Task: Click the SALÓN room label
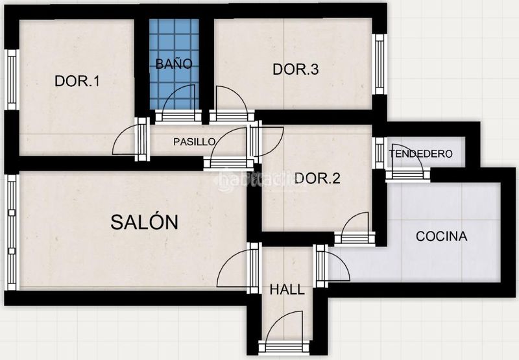[144, 222]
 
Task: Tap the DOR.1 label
[77, 81]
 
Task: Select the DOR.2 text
[317, 178]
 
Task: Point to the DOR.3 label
[296, 69]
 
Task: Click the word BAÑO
[174, 64]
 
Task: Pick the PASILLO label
[194, 142]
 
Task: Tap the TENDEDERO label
[420, 154]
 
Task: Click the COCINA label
[442, 236]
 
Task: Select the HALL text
[287, 289]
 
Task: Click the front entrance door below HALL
[285, 334]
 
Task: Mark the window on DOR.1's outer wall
[12, 80]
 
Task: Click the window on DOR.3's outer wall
[380, 64]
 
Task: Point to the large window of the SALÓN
[12, 232]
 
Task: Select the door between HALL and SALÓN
[239, 268]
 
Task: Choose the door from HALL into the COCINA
[332, 267]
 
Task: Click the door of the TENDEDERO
[408, 163]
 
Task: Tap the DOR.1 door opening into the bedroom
[131, 139]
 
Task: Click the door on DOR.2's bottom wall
[355, 228]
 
